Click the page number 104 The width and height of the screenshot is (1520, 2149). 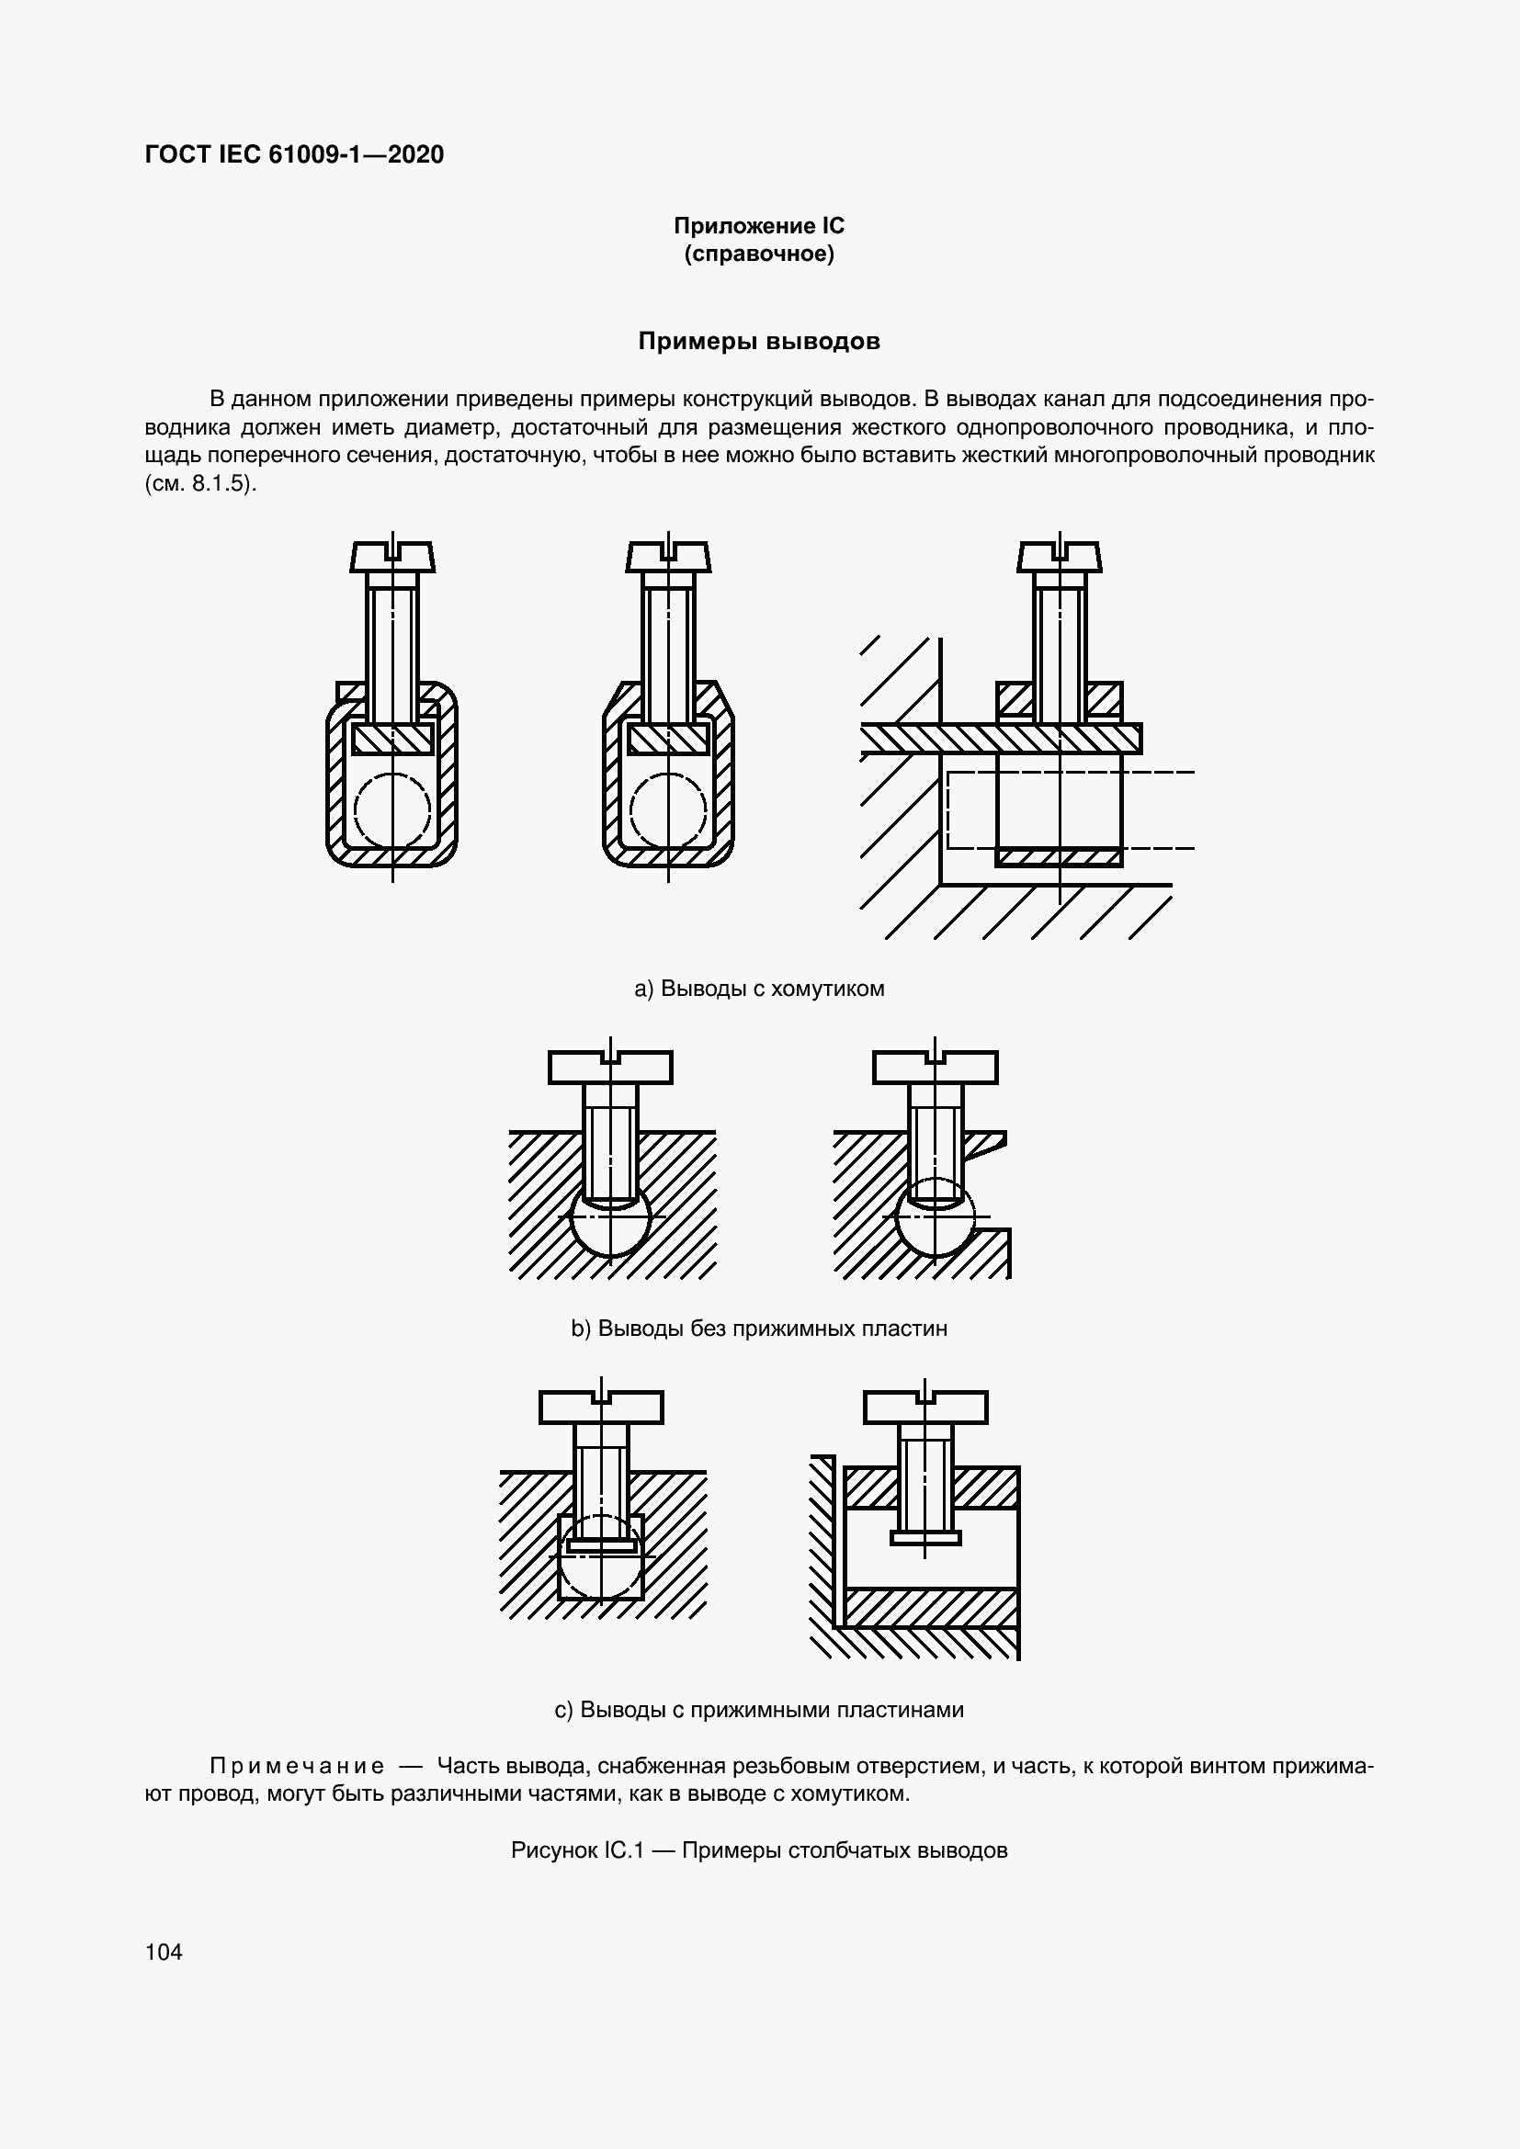tap(164, 1951)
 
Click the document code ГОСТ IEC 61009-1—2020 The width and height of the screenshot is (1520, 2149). tap(295, 154)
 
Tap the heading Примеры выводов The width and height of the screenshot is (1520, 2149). tap(759, 342)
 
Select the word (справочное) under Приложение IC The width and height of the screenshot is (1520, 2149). tap(759, 254)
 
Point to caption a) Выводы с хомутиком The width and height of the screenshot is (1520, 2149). tap(759, 989)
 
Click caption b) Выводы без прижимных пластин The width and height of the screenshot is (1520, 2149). tap(759, 1329)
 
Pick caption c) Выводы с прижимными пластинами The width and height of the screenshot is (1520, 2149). tap(759, 1710)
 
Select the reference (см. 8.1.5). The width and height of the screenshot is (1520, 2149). tap(200, 486)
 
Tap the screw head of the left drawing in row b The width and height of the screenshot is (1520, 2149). tap(610, 1067)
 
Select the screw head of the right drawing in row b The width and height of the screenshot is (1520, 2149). tap(935, 1067)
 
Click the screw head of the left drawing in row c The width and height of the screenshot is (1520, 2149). tap(601, 1407)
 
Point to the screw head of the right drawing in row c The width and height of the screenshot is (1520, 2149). tap(924, 1407)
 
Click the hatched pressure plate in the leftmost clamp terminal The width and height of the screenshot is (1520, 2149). tap(392, 739)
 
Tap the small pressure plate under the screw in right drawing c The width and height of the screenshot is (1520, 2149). tap(924, 1538)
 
